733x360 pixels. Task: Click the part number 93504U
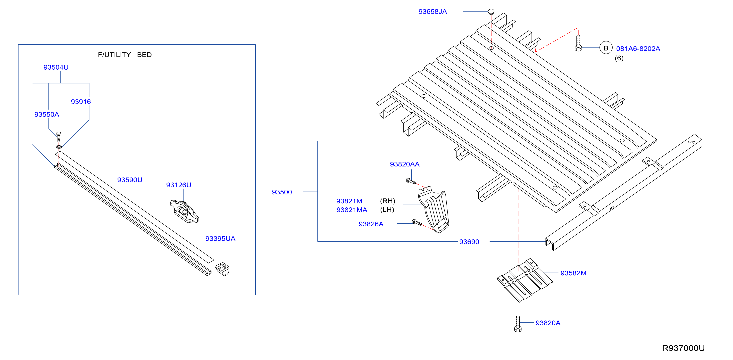(x=56, y=67)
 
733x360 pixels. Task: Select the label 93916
(x=81, y=102)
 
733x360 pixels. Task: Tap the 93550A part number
(x=47, y=115)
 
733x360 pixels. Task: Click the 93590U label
(x=130, y=180)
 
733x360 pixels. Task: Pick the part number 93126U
(x=179, y=185)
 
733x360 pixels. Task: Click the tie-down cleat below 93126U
(x=184, y=211)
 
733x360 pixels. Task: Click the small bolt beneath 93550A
(x=59, y=137)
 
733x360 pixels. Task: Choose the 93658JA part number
(x=433, y=12)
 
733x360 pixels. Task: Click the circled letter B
(x=606, y=48)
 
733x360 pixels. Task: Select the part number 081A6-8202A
(x=638, y=49)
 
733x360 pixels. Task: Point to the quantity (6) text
(x=619, y=58)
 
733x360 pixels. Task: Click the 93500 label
(x=282, y=192)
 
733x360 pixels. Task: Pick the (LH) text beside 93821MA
(x=387, y=210)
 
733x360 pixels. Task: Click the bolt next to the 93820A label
(x=518, y=324)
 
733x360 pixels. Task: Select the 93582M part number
(x=573, y=273)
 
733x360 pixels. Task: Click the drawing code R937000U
(x=683, y=348)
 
